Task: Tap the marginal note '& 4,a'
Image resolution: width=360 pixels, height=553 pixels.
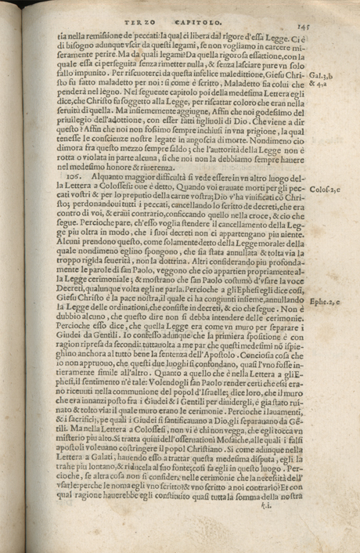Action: tap(319, 87)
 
